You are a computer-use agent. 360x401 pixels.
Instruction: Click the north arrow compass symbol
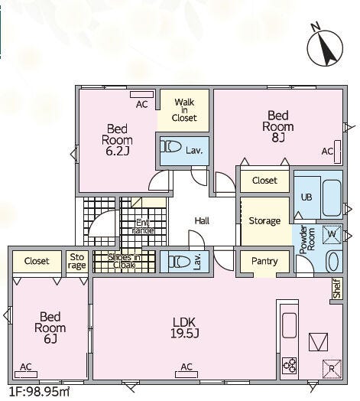coord(325,47)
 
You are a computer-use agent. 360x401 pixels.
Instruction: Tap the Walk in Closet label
coord(184,110)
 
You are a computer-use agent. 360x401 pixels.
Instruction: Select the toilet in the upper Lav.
coord(170,147)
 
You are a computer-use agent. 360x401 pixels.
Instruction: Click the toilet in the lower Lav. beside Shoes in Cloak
coord(180,262)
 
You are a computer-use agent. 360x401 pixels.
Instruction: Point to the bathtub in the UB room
coord(332,198)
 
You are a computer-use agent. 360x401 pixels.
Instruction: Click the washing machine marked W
coord(332,233)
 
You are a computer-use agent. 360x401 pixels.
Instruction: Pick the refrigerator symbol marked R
coord(332,369)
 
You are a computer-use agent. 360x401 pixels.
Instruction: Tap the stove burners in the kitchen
coord(290,365)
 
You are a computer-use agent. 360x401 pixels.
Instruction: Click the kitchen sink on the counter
coord(289,325)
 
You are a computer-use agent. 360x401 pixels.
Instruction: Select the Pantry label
coord(264,261)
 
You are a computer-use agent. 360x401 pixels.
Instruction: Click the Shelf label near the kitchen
coord(337,289)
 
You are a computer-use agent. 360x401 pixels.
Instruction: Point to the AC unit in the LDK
coord(186,375)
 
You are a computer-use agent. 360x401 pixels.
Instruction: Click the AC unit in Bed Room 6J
coord(26,375)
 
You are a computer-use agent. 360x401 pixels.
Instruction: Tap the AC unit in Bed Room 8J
coord(338,152)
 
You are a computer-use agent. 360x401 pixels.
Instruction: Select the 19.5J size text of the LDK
coord(185,333)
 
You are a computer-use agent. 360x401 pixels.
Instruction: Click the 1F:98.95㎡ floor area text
coord(39,392)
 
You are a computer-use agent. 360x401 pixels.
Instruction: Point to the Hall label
coord(202,220)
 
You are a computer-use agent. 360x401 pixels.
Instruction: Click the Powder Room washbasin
coord(333,262)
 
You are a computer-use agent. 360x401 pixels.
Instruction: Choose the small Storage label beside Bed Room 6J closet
coord(77,261)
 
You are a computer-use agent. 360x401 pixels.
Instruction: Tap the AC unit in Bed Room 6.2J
coord(142,94)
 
